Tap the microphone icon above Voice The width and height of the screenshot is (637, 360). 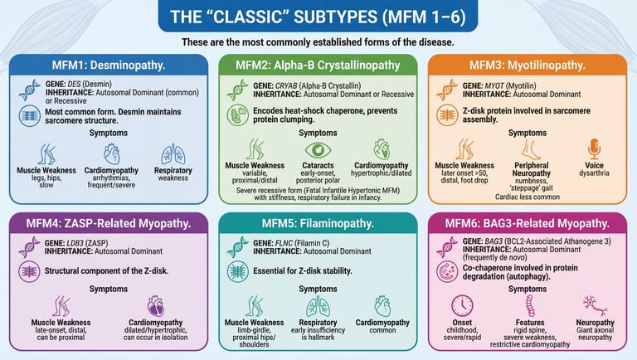pos(594,150)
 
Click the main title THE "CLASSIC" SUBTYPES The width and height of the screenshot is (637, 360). pos(318,17)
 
